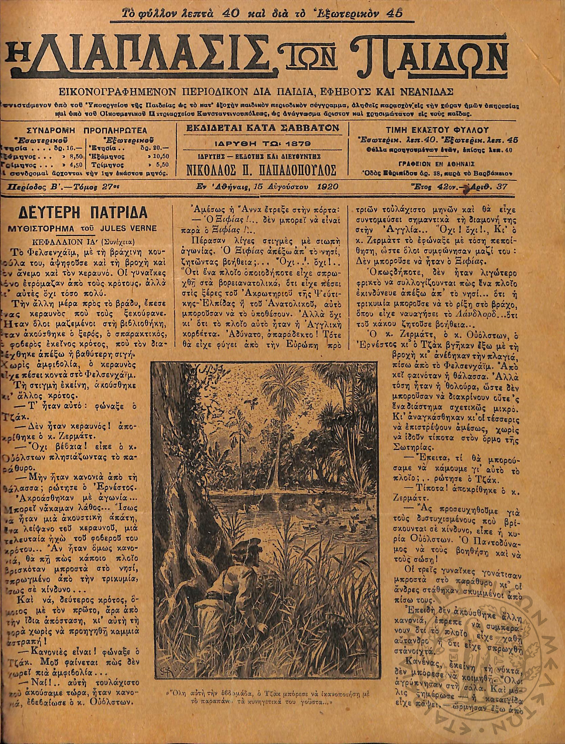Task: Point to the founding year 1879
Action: (298, 144)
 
